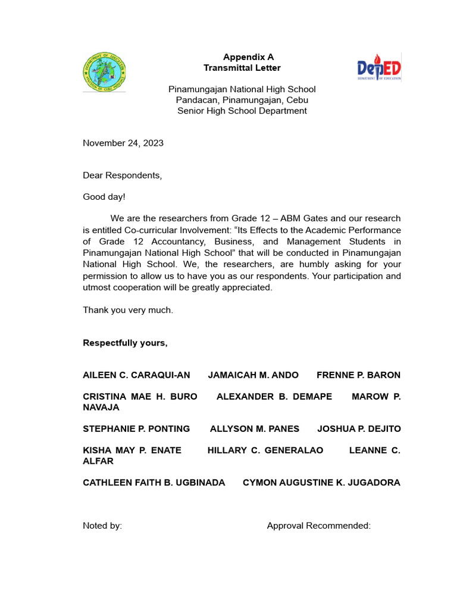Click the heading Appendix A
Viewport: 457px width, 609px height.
click(x=248, y=57)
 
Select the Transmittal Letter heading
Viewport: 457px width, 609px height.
click(x=242, y=68)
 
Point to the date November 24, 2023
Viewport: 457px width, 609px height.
click(x=123, y=143)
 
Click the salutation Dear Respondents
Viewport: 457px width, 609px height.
click(x=122, y=175)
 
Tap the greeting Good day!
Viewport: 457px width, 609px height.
click(x=104, y=196)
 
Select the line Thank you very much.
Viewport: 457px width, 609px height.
click(x=128, y=310)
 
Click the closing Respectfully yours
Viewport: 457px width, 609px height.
click(x=125, y=343)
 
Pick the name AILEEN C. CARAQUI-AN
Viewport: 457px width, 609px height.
click(x=136, y=375)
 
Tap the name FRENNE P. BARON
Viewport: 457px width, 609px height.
click(x=358, y=375)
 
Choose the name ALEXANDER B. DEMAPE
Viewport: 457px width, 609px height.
click(x=274, y=396)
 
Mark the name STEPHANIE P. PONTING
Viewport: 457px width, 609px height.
click(x=136, y=428)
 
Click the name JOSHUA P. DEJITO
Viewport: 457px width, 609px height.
click(x=359, y=428)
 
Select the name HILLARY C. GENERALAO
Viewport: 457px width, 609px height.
click(x=265, y=450)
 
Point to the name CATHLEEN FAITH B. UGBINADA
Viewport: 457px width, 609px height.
click(x=154, y=482)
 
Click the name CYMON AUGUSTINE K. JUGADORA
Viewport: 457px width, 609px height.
click(x=321, y=482)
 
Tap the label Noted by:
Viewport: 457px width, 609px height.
click(x=102, y=526)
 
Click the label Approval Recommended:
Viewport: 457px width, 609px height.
click(x=319, y=526)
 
